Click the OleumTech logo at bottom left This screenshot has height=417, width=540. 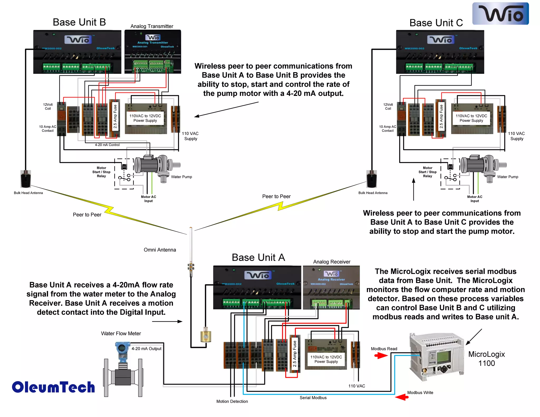coord(53,387)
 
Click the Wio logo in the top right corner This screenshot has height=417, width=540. coord(500,14)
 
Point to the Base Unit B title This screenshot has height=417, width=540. coord(79,22)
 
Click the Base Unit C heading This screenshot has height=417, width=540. coord(436,23)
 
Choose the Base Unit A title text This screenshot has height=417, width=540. coord(258,258)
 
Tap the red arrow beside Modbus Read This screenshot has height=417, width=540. coord(381,356)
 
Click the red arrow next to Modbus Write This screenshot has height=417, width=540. coord(402,397)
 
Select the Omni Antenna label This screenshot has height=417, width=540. coord(160,250)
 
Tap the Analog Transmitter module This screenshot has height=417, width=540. coord(153,51)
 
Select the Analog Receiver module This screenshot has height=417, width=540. coord(331,287)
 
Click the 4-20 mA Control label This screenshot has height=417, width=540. coord(107,145)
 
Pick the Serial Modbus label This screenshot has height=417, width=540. coord(313,398)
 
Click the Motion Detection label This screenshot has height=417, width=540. coord(232,401)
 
